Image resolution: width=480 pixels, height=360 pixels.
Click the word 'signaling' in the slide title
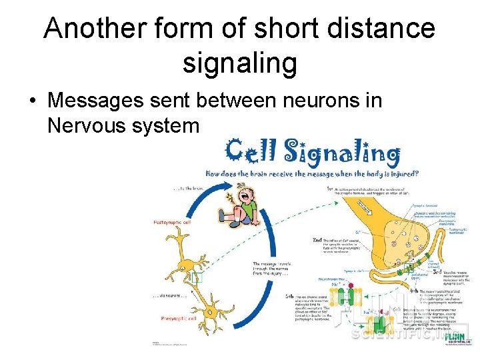pos(239,64)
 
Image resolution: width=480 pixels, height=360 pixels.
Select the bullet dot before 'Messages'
pos(31,102)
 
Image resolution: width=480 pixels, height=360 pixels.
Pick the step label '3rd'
pos(438,273)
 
